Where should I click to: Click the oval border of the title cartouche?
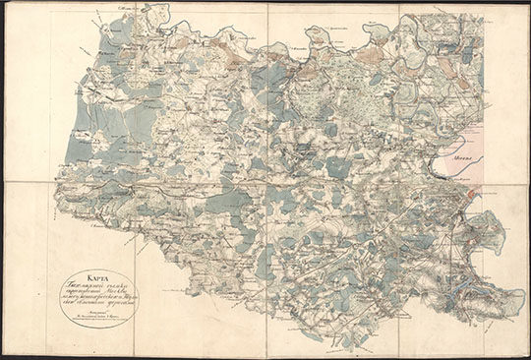(59, 297)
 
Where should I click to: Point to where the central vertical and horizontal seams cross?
(267, 181)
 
